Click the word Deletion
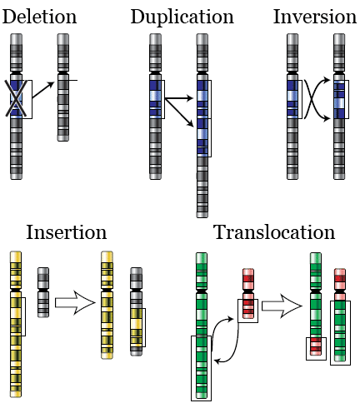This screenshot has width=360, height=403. click(39, 17)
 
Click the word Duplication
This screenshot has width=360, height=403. click(182, 17)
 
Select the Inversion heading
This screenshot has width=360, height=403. click(315, 17)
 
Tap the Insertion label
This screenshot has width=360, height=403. click(67, 232)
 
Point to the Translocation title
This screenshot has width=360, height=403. click(274, 232)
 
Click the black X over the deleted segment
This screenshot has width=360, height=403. click(16, 98)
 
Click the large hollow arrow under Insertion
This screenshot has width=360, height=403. click(75, 302)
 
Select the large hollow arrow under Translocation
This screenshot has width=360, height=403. click(282, 306)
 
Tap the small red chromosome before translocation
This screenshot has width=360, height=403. click(248, 294)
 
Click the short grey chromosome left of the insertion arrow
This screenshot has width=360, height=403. click(43, 292)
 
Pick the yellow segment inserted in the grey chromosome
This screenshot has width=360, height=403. click(137, 327)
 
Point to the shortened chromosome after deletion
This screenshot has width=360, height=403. click(63, 87)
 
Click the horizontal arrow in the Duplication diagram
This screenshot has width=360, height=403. click(179, 98)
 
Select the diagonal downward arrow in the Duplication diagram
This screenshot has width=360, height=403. click(179, 112)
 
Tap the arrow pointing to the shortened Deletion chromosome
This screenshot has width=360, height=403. click(43, 90)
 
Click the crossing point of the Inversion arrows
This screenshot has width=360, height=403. click(312, 99)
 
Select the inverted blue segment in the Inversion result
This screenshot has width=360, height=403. click(339, 100)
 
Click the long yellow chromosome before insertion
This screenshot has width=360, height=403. click(16, 324)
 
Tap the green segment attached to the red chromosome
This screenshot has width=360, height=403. click(340, 331)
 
